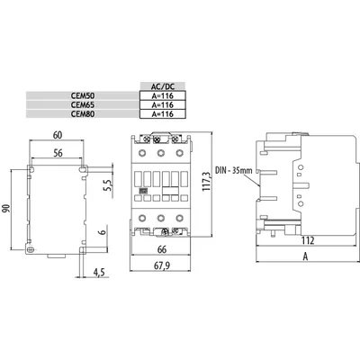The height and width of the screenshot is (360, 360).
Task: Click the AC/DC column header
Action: pos(163,86)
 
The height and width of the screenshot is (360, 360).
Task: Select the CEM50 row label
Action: pos(83,96)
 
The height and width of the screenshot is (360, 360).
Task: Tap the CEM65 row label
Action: pos(83,105)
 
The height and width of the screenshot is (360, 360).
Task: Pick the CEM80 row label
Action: pos(83,114)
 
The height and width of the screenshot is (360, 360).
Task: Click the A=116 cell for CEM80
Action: pos(163,114)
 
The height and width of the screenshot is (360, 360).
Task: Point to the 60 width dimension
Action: pos(58,135)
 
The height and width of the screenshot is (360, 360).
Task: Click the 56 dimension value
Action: pos(58,153)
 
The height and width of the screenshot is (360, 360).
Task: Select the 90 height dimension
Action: pos(6,208)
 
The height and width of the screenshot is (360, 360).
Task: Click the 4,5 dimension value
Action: pos(99,273)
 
